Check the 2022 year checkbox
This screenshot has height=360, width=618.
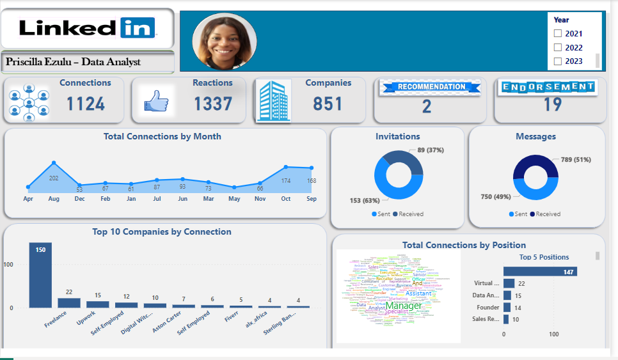[x=558, y=47]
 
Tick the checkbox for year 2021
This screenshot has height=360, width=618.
[x=558, y=33]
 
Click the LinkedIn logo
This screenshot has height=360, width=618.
[x=87, y=27]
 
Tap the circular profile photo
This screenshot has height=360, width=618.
[x=224, y=41]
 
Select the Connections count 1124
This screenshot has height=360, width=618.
[x=86, y=104]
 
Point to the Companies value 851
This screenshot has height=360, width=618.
[x=328, y=104]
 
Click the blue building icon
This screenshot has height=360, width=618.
[x=272, y=101]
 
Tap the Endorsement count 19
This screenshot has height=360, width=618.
[x=552, y=104]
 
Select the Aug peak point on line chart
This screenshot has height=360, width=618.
[x=54, y=163]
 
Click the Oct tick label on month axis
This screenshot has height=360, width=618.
[x=286, y=199]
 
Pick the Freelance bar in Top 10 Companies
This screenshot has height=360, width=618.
[x=69, y=303]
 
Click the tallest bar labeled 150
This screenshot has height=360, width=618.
[x=40, y=275]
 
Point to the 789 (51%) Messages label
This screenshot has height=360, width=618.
[x=576, y=160]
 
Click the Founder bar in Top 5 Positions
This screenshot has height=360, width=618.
[x=507, y=307]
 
